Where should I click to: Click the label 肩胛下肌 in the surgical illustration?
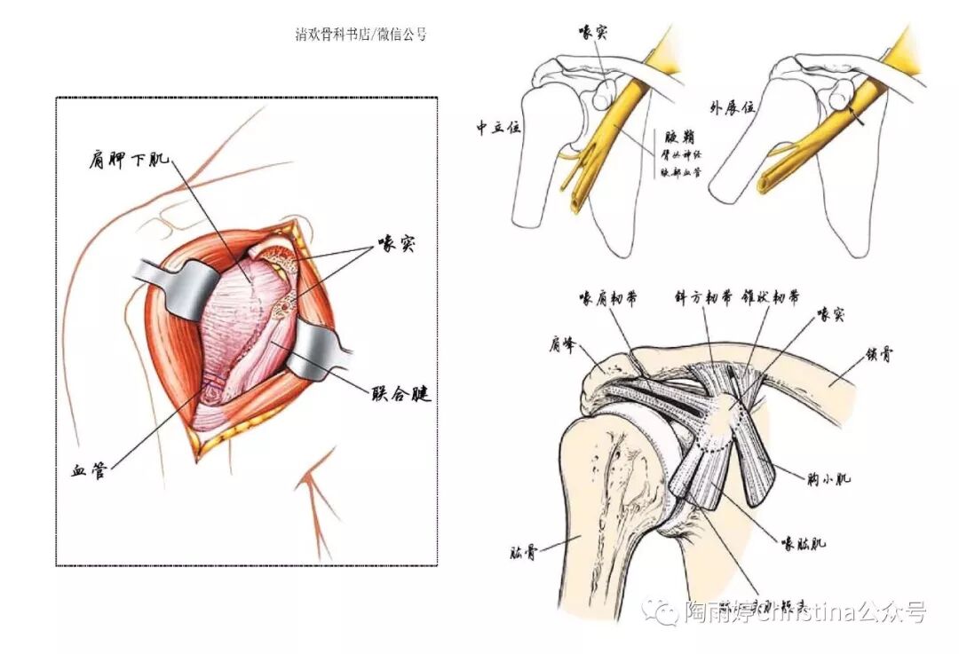(129, 161)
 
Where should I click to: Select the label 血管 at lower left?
(88, 470)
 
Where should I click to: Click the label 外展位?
(732, 107)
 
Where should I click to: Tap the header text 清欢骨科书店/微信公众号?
(361, 35)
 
